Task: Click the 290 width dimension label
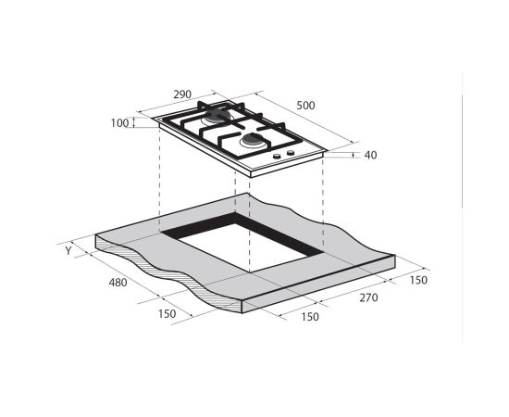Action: (x=182, y=95)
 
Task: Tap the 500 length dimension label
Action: (x=305, y=106)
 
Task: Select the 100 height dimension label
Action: (x=119, y=123)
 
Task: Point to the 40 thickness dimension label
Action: (x=370, y=156)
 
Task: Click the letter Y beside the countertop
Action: (x=68, y=251)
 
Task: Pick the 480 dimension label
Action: (x=118, y=283)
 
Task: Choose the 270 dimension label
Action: (x=368, y=297)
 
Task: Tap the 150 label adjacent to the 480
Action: (x=168, y=314)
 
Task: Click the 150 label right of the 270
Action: (x=418, y=280)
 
